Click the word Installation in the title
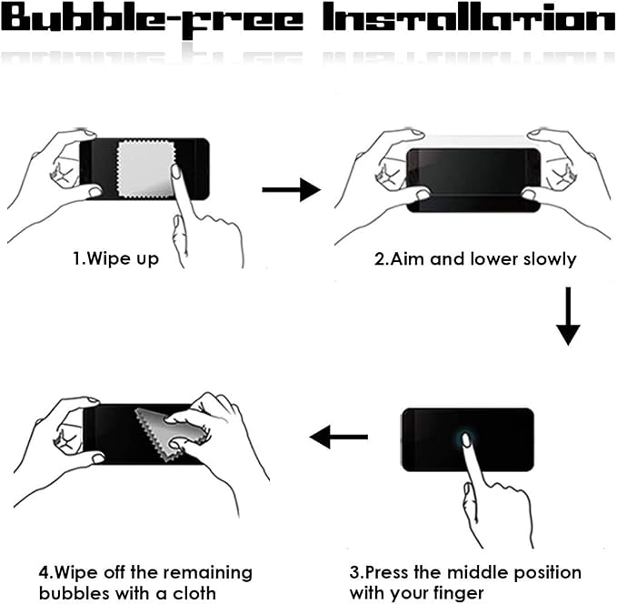click(469, 17)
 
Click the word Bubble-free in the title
click(153, 21)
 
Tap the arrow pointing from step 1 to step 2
click(291, 190)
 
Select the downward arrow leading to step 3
click(568, 317)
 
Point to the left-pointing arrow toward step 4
click(339, 437)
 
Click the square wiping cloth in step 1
click(146, 169)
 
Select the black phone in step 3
click(468, 439)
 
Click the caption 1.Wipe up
click(115, 259)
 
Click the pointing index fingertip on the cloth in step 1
click(175, 171)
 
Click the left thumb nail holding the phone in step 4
click(97, 458)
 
